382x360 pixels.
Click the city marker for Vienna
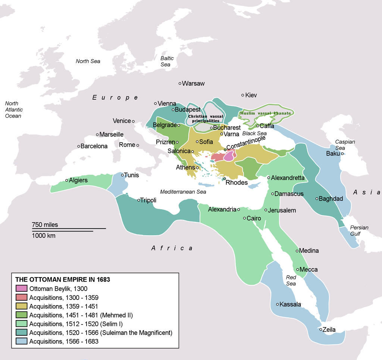(x=156, y=103)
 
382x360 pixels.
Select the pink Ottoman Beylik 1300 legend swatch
(x=21, y=288)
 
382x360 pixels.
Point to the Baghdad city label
(x=331, y=199)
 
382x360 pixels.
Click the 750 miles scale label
(x=45, y=225)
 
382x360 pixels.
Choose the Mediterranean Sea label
(x=183, y=192)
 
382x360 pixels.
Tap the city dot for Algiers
(x=67, y=180)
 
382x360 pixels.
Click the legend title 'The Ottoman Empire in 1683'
(x=62, y=279)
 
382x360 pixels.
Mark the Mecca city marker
(x=297, y=269)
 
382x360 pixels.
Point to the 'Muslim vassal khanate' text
(x=266, y=113)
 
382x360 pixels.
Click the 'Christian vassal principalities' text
(x=206, y=118)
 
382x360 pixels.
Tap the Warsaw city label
(x=193, y=84)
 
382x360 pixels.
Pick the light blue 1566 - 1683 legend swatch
(x=21, y=341)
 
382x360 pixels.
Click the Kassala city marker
(x=277, y=304)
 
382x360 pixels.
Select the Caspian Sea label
(x=345, y=145)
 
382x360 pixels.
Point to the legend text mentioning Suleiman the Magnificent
(x=101, y=332)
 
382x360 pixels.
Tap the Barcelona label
(x=94, y=146)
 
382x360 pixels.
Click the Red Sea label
(x=291, y=280)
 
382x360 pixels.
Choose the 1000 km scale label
(x=44, y=236)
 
